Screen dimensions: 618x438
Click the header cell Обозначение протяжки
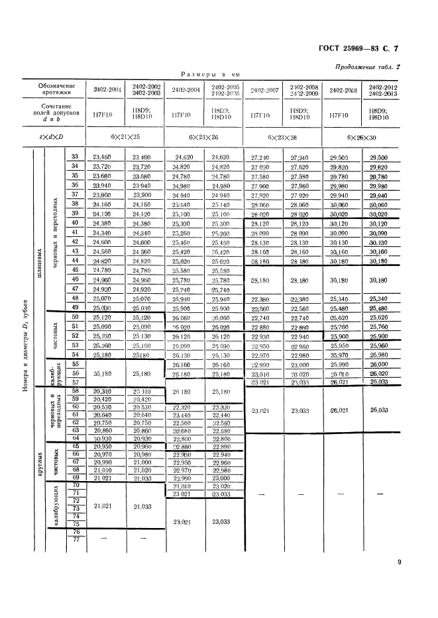click(x=56, y=91)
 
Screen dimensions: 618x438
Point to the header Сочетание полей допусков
click(x=56, y=114)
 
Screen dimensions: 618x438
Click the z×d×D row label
click(x=56, y=137)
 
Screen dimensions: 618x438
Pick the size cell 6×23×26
click(x=205, y=137)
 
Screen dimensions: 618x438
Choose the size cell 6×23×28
click(x=283, y=137)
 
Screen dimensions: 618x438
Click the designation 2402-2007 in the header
click(x=264, y=89)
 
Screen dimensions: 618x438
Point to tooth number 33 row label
click(x=75, y=156)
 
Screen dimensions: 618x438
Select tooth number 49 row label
click(x=75, y=308)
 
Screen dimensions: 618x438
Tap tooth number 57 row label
click(x=75, y=382)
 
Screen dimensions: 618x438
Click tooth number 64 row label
click(x=75, y=438)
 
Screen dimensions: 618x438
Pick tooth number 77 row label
click(x=75, y=540)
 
